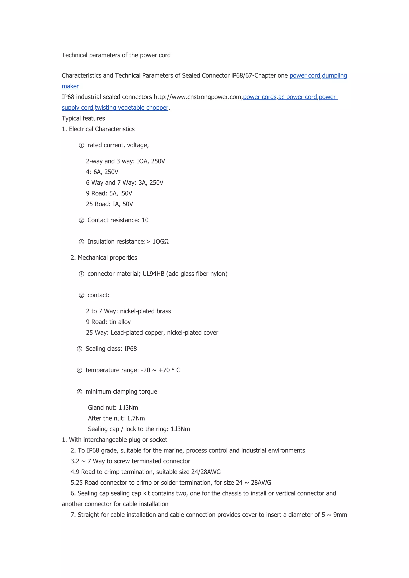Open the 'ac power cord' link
(297, 97)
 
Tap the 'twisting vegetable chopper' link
(131, 108)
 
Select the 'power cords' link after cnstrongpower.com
(260, 97)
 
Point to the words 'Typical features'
(83, 118)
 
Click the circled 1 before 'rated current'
(81, 145)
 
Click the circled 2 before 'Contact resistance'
(81, 221)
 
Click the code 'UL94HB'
(153, 274)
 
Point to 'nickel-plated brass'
(145, 311)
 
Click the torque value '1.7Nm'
(136, 418)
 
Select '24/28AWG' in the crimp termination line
(206, 472)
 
